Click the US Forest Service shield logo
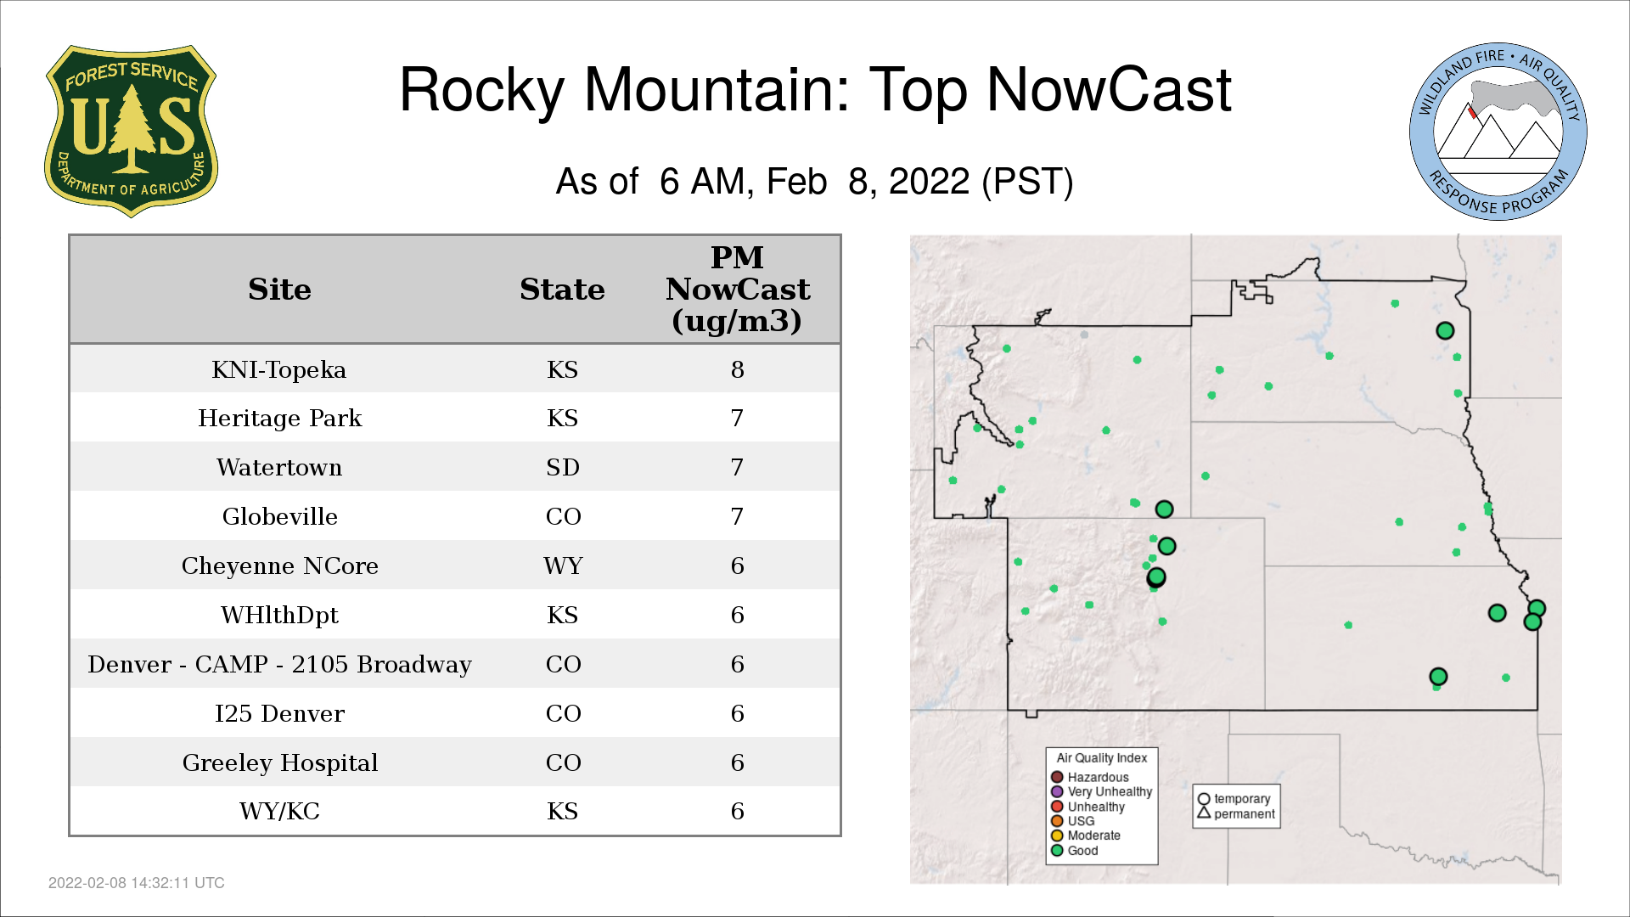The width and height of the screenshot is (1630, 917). [131, 132]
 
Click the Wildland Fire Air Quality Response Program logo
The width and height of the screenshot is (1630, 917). [1498, 132]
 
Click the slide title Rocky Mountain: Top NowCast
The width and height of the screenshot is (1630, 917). [815, 90]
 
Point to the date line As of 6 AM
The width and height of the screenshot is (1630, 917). [815, 182]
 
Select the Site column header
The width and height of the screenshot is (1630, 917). [279, 290]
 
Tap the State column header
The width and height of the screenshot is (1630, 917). [562, 290]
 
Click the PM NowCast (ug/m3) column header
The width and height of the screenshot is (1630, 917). [737, 289]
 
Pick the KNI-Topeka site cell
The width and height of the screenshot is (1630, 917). [279, 370]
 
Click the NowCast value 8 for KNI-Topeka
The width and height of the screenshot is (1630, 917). [737, 370]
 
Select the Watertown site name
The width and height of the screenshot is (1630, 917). [279, 468]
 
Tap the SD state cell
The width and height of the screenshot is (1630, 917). [563, 468]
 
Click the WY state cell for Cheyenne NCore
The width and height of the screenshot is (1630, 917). [563, 566]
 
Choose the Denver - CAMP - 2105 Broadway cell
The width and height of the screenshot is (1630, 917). [279, 664]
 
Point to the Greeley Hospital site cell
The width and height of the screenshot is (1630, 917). [279, 762]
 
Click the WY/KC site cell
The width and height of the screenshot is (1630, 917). [279, 812]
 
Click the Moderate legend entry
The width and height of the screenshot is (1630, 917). [1086, 835]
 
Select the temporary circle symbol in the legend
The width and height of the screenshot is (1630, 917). [1204, 799]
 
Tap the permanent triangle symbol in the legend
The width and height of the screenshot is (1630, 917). [1204, 813]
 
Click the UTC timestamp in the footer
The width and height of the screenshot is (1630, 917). [137, 883]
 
